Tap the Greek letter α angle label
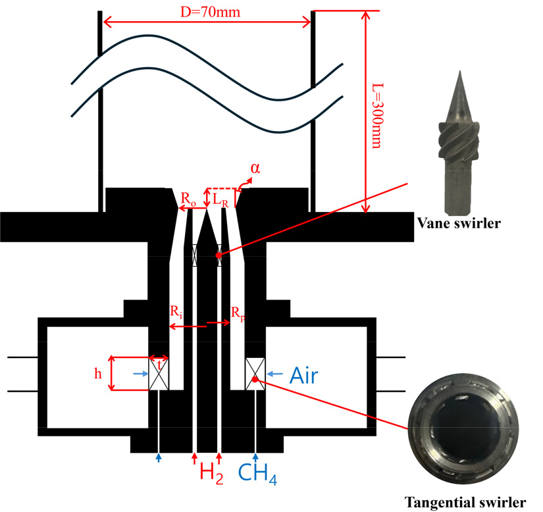[x=254, y=168]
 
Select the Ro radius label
[x=188, y=198]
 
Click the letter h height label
[x=98, y=373]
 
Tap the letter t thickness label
[x=159, y=363]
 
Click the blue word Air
[x=303, y=375]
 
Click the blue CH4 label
[x=259, y=473]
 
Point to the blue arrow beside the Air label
[x=275, y=374]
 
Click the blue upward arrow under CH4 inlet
[x=257, y=455]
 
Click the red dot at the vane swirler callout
[x=218, y=255]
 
